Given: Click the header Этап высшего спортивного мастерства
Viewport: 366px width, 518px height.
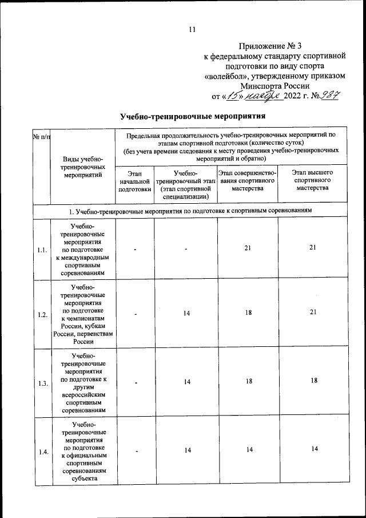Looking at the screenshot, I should (312, 180).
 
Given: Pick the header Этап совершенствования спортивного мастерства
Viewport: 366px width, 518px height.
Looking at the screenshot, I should (248, 180).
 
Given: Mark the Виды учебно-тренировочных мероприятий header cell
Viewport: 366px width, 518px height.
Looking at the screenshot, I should (84, 167).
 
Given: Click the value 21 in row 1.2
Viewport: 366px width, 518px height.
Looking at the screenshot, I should (312, 314).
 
